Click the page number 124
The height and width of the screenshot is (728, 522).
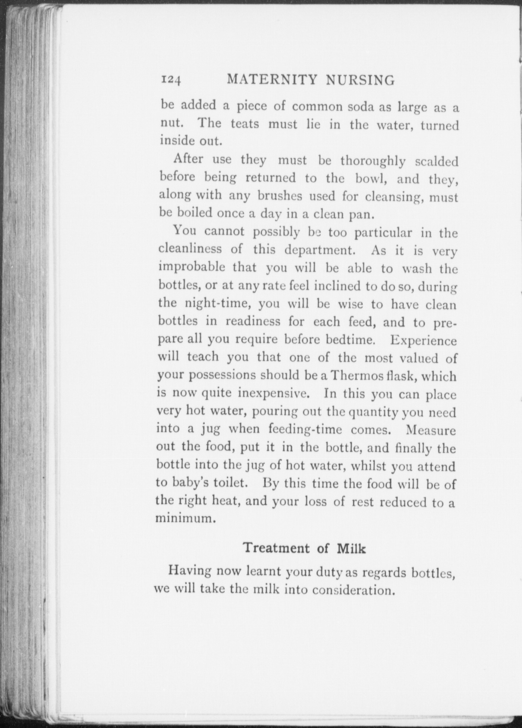click(170, 80)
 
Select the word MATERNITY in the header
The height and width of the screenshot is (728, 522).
click(272, 79)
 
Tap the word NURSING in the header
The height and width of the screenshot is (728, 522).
click(360, 80)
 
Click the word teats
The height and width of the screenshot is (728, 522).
click(245, 123)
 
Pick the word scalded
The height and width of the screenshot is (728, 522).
click(436, 161)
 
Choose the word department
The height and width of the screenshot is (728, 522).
click(318, 250)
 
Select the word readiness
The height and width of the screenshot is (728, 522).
click(253, 321)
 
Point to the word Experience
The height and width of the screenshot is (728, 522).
click(423, 340)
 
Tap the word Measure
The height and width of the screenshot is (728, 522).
click(430, 430)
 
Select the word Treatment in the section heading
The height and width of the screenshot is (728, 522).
click(276, 548)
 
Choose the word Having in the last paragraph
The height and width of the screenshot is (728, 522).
click(190, 571)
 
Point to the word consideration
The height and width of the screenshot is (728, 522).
click(353, 590)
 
